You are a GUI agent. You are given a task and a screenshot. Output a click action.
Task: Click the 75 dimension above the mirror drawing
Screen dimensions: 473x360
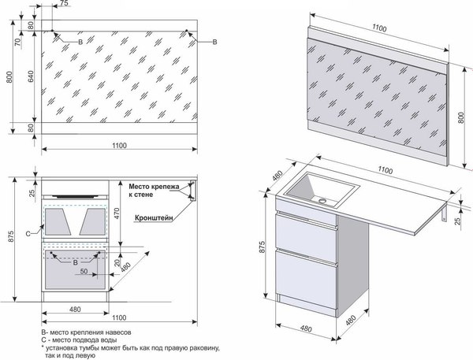(64, 3)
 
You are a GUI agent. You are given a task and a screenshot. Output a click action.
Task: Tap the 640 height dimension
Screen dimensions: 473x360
(31, 76)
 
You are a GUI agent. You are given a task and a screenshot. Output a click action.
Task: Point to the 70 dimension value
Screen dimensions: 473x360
(18, 42)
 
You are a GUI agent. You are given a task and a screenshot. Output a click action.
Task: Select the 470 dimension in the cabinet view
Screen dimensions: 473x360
(117, 213)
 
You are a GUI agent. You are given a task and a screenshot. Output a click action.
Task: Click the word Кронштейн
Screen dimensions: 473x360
(155, 217)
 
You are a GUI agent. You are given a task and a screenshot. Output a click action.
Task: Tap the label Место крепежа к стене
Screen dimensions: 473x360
(154, 191)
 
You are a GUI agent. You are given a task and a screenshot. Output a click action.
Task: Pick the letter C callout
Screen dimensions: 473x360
(28, 234)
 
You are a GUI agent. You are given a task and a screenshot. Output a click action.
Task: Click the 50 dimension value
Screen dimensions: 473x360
(84, 271)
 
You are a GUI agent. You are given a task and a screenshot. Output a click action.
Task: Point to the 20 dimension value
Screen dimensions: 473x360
(117, 262)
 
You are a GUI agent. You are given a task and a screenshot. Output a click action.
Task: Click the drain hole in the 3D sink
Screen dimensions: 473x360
(322, 200)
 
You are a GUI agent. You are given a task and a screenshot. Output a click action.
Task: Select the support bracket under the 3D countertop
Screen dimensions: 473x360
(445, 213)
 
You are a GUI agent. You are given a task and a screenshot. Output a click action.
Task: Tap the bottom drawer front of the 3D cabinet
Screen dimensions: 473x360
(306, 279)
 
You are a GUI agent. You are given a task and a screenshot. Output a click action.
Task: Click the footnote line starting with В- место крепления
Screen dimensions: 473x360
(86, 332)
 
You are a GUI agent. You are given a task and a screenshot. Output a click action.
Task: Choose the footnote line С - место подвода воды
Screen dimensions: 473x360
(79, 340)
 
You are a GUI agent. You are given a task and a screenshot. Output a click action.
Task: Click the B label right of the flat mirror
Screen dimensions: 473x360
(214, 42)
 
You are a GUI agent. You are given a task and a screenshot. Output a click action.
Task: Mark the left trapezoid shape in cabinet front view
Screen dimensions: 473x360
(58, 221)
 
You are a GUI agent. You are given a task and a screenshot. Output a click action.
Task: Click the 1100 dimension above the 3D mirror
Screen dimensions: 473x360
(379, 28)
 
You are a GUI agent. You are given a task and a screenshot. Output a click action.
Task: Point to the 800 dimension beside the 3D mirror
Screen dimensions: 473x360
(460, 117)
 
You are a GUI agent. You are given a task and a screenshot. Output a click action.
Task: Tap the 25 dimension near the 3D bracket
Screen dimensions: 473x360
(458, 221)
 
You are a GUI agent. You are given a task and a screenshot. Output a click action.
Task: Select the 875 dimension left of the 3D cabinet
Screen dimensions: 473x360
(262, 247)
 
